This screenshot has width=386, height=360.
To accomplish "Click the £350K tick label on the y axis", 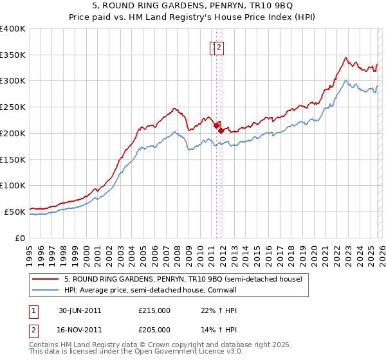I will [x=13, y=55].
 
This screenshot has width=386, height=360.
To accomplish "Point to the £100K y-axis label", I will [x=13, y=185].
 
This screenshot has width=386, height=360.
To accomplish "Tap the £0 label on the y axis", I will [x=21, y=237].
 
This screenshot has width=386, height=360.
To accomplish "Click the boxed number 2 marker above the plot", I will [x=219, y=47].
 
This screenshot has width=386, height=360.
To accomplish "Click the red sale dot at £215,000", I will [x=216, y=125].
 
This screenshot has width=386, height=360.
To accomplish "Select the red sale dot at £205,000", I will [x=221, y=130].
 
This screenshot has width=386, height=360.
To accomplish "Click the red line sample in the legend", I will [x=46, y=279].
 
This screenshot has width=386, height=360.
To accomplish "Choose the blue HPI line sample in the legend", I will [x=46, y=290].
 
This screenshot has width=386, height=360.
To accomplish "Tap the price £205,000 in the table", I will [x=154, y=329].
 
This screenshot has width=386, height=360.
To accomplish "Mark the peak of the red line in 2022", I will [x=345, y=58].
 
